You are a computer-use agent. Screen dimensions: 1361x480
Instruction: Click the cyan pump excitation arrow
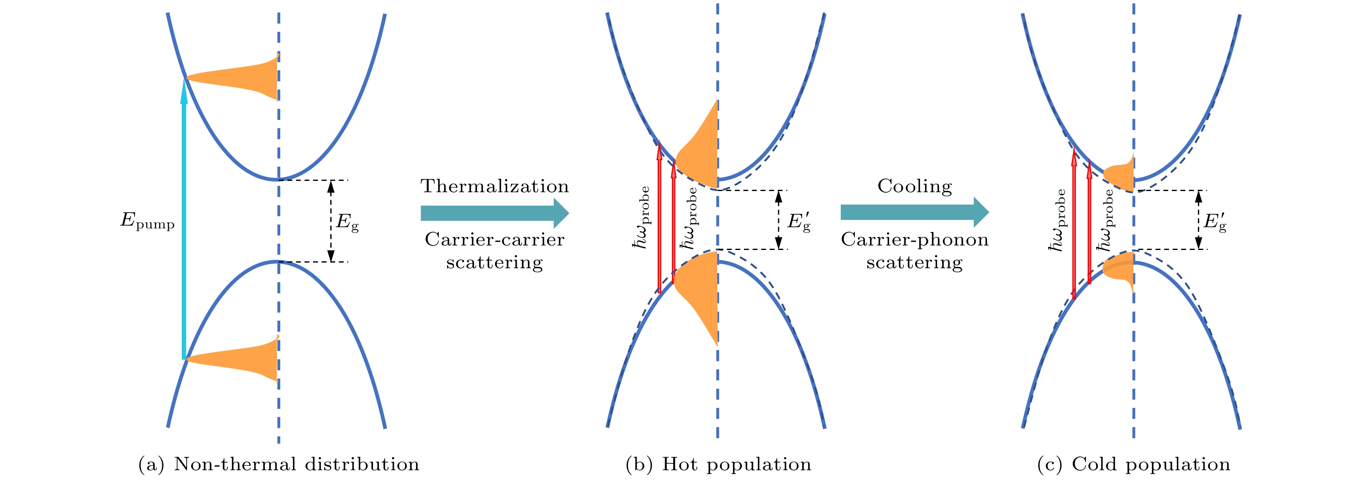pos(184,219)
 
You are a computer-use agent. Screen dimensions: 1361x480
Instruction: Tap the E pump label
pos(147,221)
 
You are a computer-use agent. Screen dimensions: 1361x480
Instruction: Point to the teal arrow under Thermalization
pos(495,213)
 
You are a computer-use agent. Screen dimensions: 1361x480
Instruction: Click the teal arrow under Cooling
pos(914,212)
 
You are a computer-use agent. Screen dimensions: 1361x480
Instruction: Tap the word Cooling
pos(914,187)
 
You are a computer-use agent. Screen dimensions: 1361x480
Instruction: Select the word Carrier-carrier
pos(495,239)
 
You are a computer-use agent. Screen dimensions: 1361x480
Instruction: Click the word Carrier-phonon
pos(914,239)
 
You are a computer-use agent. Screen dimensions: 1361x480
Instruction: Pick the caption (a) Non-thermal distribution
pos(279,464)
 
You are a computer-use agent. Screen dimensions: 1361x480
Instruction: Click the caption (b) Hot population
pos(718,464)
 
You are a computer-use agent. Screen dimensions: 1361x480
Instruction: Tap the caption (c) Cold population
pos(1133,464)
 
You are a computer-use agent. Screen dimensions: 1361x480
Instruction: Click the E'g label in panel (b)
pos(799,222)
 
